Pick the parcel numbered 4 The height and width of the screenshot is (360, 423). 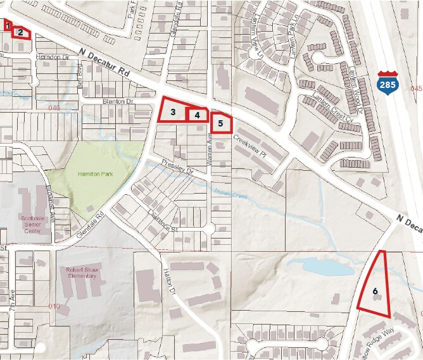(198, 115)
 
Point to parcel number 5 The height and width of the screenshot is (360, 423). (220, 123)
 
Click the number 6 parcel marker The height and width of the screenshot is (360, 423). (376, 291)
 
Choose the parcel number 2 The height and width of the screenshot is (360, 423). (21, 32)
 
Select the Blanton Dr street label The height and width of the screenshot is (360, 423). (118, 101)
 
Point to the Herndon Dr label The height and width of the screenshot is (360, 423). (53, 57)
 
